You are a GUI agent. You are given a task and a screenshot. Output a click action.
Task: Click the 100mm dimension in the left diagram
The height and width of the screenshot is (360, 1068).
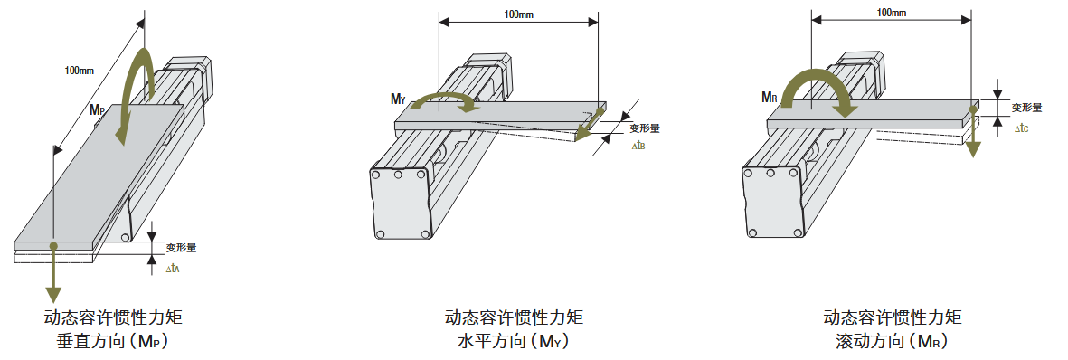pos(80,71)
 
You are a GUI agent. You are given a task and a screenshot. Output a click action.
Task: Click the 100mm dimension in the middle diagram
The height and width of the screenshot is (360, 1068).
pos(517,14)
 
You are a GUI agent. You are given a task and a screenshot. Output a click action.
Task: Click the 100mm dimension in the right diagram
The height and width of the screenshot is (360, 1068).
pos(892,12)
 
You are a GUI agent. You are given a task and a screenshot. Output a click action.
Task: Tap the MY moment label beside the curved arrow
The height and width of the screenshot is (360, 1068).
pos(398,99)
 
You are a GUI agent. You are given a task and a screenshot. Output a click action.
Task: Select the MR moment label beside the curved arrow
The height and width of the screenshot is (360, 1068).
pos(770,97)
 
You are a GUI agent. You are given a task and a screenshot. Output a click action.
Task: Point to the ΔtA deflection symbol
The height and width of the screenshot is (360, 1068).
pos(175,269)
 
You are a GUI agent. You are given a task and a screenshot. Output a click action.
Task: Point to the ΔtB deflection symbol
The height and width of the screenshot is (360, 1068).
pos(638,145)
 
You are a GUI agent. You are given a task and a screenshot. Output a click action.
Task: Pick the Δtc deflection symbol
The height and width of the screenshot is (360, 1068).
pos(1021,128)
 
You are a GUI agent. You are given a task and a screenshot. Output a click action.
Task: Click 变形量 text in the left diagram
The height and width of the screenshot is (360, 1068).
pos(181,246)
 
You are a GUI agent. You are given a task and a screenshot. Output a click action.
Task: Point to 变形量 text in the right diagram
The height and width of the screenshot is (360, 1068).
pos(1026,107)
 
